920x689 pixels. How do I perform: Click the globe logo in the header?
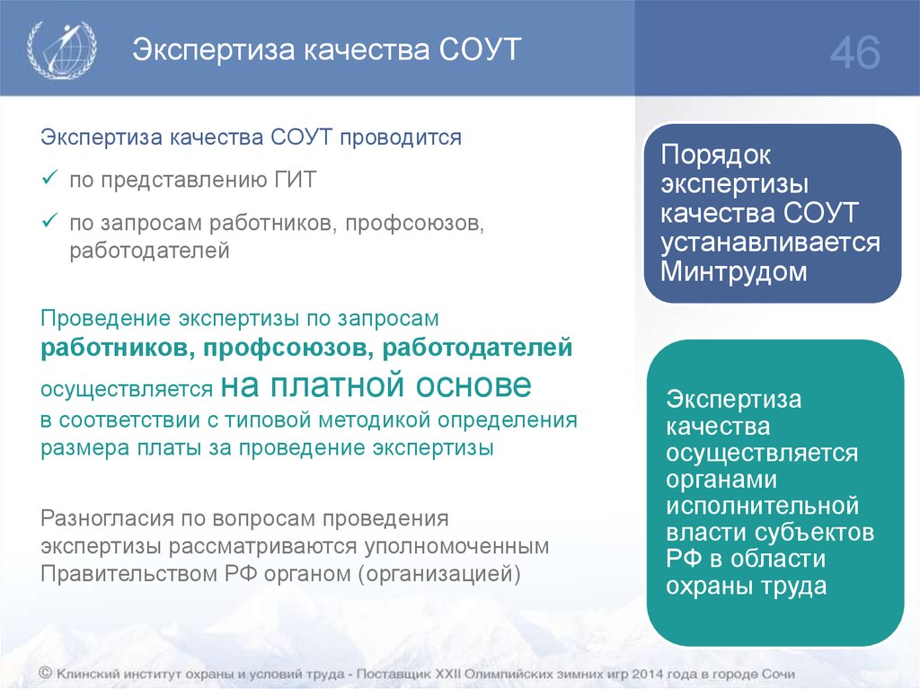point(62,49)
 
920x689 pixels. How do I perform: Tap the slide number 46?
point(855,52)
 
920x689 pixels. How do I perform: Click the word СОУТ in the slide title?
point(480,49)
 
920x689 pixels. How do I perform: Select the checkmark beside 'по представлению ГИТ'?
point(49,177)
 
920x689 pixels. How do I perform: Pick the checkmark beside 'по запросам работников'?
point(49,221)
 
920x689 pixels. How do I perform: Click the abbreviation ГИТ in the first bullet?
point(295,179)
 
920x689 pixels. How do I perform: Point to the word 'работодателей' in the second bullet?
point(150,251)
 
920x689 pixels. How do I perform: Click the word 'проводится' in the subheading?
point(401,137)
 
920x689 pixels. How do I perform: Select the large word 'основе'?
point(473,385)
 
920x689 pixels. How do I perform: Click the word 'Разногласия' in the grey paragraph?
point(108,519)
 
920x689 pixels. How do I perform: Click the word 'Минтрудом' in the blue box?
point(733,271)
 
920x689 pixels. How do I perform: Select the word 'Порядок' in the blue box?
point(715,155)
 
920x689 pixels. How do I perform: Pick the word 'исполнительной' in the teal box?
point(763,506)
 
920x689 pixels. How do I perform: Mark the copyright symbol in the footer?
point(46,674)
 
